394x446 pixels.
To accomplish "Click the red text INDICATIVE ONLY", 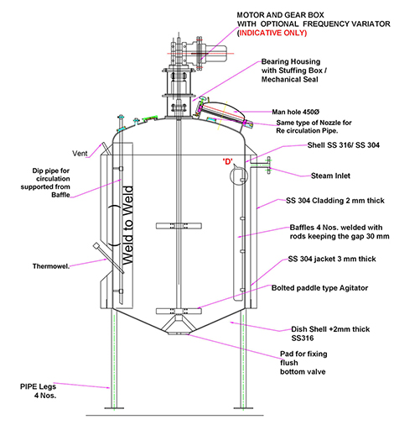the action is click(272, 33).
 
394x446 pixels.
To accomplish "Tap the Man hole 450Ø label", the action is click(295, 112).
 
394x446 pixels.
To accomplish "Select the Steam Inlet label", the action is click(330, 176).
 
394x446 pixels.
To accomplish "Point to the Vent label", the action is click(80, 154).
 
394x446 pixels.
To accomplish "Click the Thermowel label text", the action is click(51, 266).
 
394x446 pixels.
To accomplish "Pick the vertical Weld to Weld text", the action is click(127, 225).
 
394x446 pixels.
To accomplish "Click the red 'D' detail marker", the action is click(228, 162).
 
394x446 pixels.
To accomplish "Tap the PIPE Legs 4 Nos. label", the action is click(39, 391).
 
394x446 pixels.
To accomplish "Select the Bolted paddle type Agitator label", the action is click(319, 288).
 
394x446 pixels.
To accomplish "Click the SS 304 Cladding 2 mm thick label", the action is click(335, 201).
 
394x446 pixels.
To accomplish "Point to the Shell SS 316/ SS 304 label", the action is click(343, 145).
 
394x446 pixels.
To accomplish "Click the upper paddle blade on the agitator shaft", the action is click(179, 226).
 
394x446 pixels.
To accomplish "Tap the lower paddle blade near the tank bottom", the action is click(179, 311).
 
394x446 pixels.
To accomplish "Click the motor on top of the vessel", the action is click(215, 53).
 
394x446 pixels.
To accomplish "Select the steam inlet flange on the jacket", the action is click(268, 165).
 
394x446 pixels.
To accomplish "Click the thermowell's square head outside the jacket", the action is click(96, 245).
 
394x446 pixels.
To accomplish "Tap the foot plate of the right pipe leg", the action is click(243, 408).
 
